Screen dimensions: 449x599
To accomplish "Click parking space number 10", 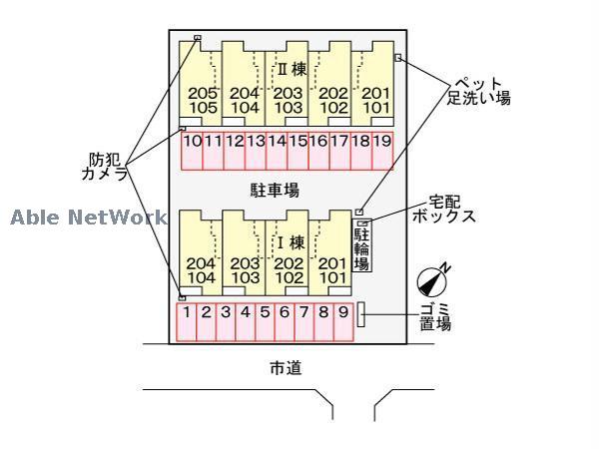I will (193, 142).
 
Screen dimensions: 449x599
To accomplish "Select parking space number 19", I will (381, 142).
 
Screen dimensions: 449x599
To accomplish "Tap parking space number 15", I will (298, 142).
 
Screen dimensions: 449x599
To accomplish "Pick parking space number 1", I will (187, 312).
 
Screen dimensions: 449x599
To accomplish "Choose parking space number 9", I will (342, 312).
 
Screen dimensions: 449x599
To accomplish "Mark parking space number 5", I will (265, 312).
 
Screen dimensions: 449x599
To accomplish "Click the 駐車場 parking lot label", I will (275, 189).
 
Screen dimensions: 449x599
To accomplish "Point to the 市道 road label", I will (286, 369).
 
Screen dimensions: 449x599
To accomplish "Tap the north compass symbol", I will (431, 278).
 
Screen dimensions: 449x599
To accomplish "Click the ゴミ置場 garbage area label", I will (434, 315).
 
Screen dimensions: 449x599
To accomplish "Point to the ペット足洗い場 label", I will (478, 91).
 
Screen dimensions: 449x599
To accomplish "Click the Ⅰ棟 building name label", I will (290, 241).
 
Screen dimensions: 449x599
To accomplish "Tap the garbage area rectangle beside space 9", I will (361, 312).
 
